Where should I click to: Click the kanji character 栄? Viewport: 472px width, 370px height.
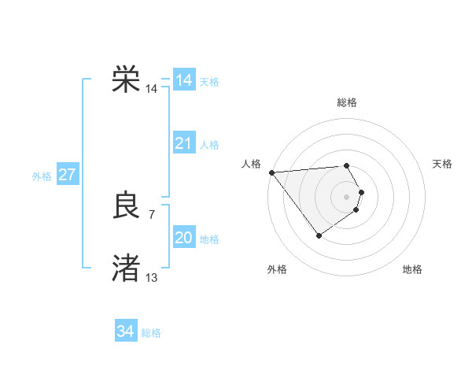click(x=126, y=80)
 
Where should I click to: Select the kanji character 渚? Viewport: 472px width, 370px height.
click(x=126, y=268)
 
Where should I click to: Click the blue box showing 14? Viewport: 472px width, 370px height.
click(x=184, y=80)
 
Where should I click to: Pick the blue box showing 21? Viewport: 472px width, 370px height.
click(x=184, y=143)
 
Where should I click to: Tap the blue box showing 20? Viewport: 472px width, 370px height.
click(x=184, y=238)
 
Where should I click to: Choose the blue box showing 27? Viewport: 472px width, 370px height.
click(x=67, y=175)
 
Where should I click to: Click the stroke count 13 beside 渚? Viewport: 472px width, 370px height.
click(x=151, y=277)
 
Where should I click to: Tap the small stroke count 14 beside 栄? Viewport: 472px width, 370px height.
click(x=151, y=89)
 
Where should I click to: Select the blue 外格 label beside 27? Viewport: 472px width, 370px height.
click(x=42, y=176)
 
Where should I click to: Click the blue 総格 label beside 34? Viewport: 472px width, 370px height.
click(x=151, y=333)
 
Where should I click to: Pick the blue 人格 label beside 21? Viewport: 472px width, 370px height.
click(x=209, y=145)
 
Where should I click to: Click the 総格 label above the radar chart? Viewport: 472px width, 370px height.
click(x=347, y=102)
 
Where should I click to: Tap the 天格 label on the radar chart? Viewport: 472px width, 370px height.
click(x=442, y=164)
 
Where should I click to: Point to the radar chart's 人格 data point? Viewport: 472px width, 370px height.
click(x=271, y=172)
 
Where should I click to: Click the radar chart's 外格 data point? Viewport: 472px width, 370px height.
click(x=319, y=235)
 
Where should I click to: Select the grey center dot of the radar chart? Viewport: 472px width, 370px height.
click(x=347, y=196)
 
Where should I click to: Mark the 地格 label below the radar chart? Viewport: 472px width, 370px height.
click(x=412, y=269)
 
